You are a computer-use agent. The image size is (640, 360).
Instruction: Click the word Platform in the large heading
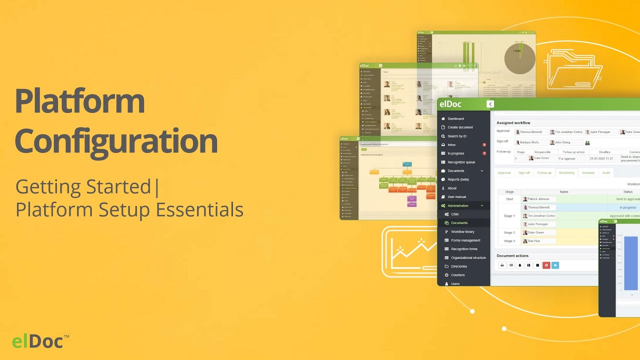80,101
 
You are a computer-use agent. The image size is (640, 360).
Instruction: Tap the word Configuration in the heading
116,141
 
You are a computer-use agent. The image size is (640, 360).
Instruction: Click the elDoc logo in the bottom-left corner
38,341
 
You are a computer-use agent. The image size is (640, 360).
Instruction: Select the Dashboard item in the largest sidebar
455,118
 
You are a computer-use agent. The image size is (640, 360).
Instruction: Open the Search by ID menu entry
457,136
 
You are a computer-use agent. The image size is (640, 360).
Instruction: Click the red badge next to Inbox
484,144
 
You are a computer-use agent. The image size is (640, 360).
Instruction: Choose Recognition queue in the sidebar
461,162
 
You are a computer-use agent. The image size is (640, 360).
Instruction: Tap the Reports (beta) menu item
458,179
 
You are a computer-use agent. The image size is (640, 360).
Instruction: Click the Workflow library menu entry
462,231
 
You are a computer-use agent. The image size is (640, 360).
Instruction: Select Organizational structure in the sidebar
468,257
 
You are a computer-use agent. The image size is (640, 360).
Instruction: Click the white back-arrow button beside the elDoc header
490,104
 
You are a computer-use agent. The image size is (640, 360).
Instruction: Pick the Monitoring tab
566,172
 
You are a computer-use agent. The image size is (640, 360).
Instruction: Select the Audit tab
605,172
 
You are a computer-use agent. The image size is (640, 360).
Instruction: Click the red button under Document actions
546,265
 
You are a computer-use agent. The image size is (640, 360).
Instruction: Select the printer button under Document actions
502,265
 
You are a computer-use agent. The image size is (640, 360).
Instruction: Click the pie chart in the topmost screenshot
519,58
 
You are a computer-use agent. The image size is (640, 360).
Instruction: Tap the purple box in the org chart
411,201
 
